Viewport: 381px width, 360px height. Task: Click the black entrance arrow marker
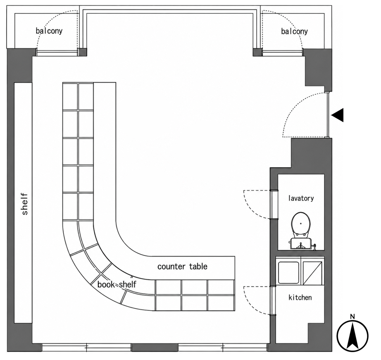(x=338, y=115)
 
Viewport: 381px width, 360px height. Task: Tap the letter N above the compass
(x=352, y=317)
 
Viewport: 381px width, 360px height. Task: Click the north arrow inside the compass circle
(x=352, y=337)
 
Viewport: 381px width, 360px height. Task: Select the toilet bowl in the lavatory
(x=301, y=224)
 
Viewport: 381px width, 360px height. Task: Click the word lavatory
(x=301, y=198)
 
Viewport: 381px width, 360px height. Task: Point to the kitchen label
(x=300, y=297)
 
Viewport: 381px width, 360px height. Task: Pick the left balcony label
(x=49, y=31)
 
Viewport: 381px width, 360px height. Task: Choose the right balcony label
(x=294, y=31)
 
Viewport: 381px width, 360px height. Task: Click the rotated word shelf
(x=25, y=204)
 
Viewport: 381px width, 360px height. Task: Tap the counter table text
(x=182, y=267)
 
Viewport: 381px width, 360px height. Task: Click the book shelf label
(x=117, y=284)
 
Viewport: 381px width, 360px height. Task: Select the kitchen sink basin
(x=288, y=272)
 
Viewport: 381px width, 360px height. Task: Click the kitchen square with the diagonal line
(x=312, y=272)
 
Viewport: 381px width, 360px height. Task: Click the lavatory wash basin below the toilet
(x=300, y=244)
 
